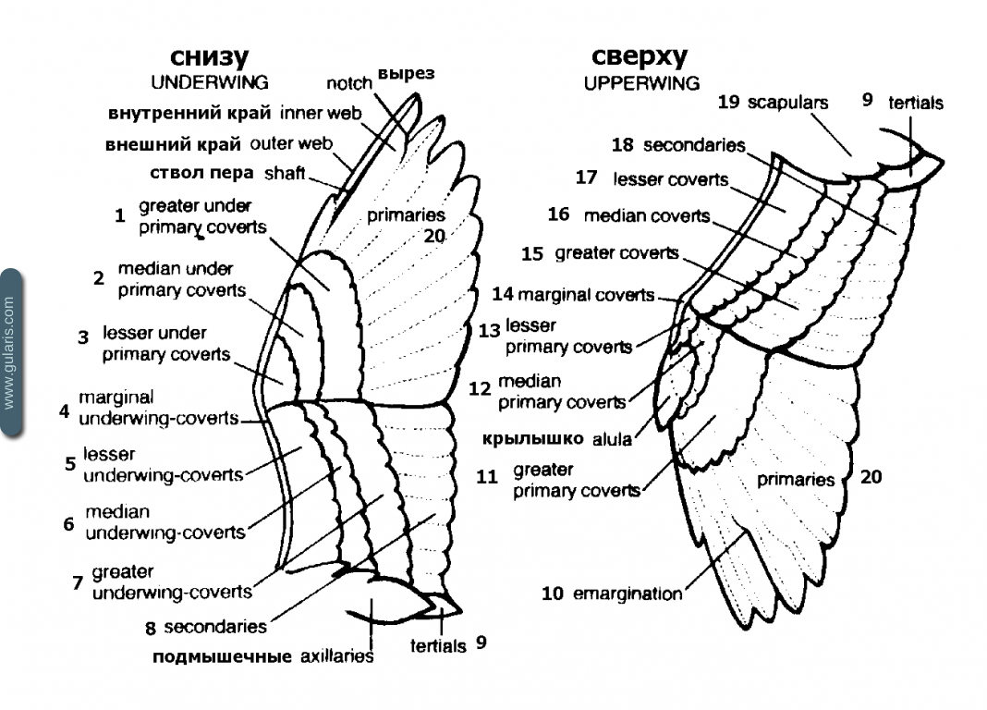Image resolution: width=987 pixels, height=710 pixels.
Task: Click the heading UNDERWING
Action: click(210, 82)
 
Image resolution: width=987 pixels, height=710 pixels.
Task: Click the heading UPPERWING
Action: click(641, 83)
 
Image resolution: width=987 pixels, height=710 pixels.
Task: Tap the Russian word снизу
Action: click(209, 57)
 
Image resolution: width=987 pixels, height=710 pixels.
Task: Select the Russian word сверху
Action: click(639, 57)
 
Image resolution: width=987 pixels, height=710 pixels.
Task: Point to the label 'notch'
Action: click(348, 83)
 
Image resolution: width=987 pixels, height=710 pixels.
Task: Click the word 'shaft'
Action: click(285, 173)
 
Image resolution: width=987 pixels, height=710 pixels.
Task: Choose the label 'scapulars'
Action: click(787, 103)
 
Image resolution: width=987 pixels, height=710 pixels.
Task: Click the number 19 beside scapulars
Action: click(728, 102)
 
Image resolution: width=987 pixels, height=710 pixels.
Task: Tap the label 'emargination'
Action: click(627, 594)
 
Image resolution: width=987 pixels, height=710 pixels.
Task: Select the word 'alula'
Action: click(611, 439)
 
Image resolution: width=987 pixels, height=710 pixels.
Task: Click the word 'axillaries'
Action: click(336, 656)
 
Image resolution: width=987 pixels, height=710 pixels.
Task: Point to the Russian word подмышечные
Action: click(222, 657)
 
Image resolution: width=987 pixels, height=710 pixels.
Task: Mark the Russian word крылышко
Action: click(533, 439)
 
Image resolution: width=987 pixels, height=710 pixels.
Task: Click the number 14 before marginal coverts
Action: click(503, 294)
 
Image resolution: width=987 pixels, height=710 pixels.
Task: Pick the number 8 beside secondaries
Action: click(151, 628)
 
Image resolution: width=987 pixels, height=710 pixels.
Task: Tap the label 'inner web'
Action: click(321, 113)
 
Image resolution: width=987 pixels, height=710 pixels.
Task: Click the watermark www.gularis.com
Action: click(9, 352)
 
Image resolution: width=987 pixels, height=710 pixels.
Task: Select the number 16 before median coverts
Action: click(558, 214)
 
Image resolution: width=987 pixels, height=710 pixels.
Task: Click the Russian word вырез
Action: click(406, 74)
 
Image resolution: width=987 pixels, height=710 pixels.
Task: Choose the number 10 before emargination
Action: click(552, 594)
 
